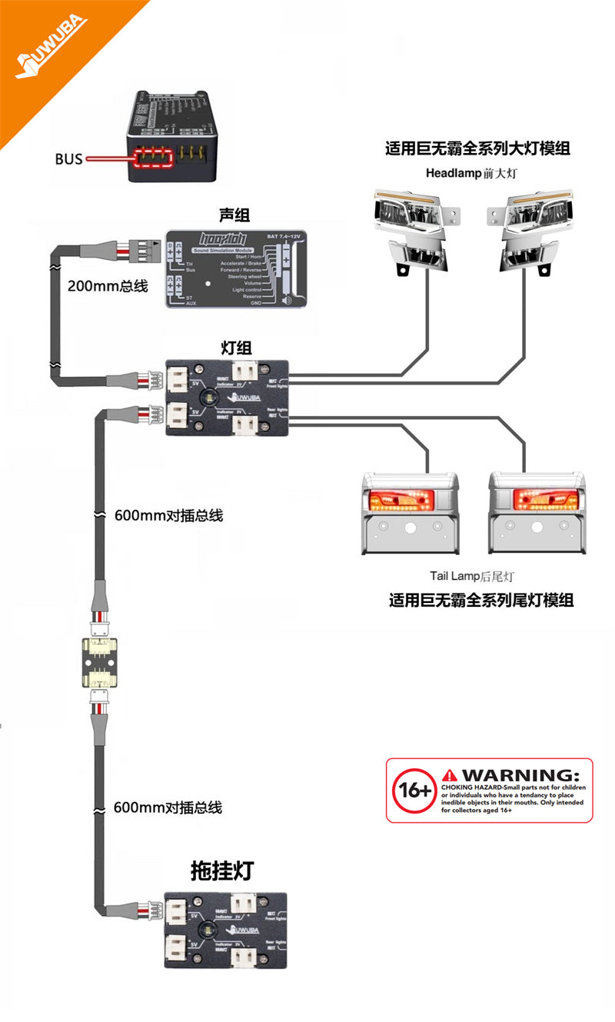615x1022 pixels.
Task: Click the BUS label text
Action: [x=68, y=160]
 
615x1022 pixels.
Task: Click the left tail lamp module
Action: [x=410, y=513]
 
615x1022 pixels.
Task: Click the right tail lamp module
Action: [x=537, y=513]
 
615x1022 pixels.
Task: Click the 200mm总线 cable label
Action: [x=107, y=286]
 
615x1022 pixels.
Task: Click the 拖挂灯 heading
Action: [x=221, y=871]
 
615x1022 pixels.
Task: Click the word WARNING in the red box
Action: [x=520, y=774]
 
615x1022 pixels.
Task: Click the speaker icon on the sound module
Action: [x=286, y=300]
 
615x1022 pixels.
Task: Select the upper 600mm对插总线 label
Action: [x=168, y=515]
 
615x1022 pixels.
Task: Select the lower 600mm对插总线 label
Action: [x=168, y=807]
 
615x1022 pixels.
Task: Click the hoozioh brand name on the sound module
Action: [x=211, y=238]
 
